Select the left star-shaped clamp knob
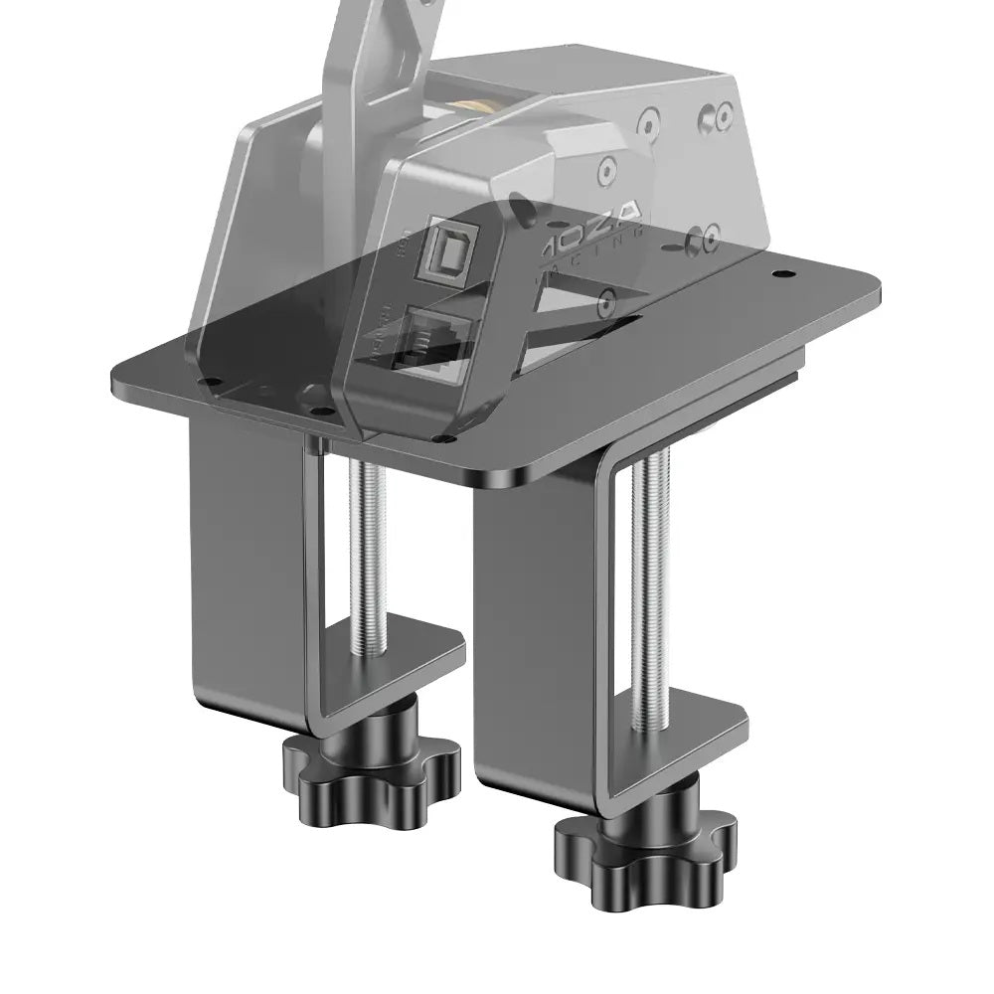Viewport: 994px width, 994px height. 372,766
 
